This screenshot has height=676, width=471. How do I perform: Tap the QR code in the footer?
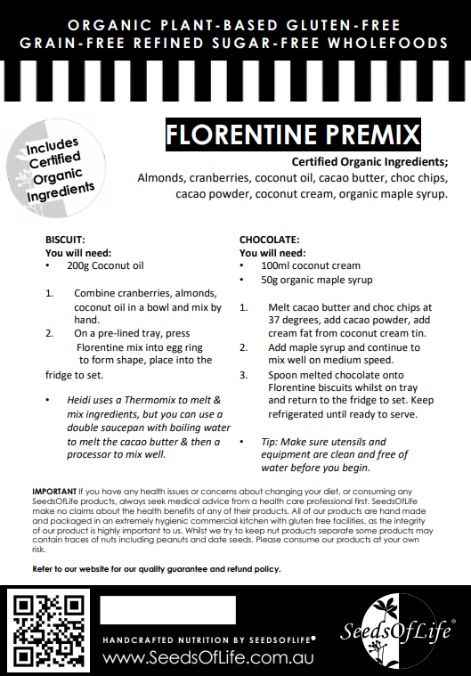coord(49,631)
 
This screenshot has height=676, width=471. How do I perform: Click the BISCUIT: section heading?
coord(65,240)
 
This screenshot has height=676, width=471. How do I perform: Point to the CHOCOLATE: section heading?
coord(270,240)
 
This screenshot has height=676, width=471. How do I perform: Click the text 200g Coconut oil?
coord(105,265)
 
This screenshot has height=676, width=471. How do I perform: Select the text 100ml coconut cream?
coord(311,265)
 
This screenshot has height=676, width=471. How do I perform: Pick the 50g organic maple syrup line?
coord(316,281)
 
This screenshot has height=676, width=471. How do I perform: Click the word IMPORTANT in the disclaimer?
coord(54,492)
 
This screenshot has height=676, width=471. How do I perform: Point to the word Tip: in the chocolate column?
coord(272,442)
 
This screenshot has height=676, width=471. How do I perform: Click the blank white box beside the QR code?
coord(167,610)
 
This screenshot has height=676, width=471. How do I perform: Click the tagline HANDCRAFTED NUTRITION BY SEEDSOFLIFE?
coord(207,640)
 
